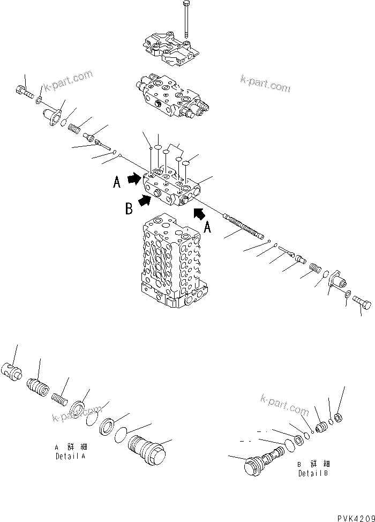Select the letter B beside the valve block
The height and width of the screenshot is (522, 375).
[x=129, y=208]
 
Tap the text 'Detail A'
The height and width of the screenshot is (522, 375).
[x=70, y=456]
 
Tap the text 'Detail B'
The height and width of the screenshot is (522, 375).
[x=313, y=473]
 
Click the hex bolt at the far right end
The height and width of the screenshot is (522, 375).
[x=362, y=302]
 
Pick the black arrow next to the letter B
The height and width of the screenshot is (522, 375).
[x=144, y=201]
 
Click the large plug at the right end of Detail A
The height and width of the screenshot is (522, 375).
[x=146, y=448]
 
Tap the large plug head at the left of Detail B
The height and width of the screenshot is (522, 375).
[x=253, y=465]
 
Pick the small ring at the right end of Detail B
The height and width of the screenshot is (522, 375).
[x=339, y=417]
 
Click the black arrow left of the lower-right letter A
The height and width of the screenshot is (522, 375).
[x=199, y=213]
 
